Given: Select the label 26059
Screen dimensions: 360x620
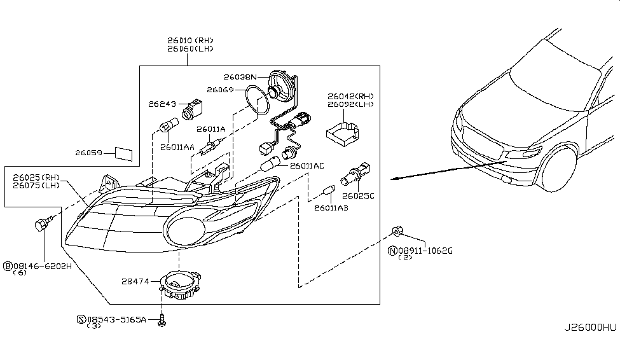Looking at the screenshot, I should [x=89, y=153].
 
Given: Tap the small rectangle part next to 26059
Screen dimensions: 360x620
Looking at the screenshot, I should [x=123, y=153].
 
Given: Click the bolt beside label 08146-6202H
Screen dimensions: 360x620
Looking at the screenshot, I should [x=43, y=224].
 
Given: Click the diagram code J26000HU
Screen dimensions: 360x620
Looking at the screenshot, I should [x=590, y=328].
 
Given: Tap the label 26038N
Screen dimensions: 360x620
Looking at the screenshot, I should [x=241, y=76].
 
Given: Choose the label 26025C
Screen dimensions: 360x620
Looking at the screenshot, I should [x=358, y=196].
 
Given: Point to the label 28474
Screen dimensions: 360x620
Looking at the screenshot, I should [x=135, y=280].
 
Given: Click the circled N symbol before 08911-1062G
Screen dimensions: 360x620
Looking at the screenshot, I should [x=392, y=251].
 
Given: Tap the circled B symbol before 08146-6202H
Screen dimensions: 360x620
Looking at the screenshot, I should [x=8, y=266].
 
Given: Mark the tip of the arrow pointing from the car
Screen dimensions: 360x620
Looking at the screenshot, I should [x=392, y=179].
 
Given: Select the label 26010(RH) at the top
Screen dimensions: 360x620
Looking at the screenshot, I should [x=190, y=40].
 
